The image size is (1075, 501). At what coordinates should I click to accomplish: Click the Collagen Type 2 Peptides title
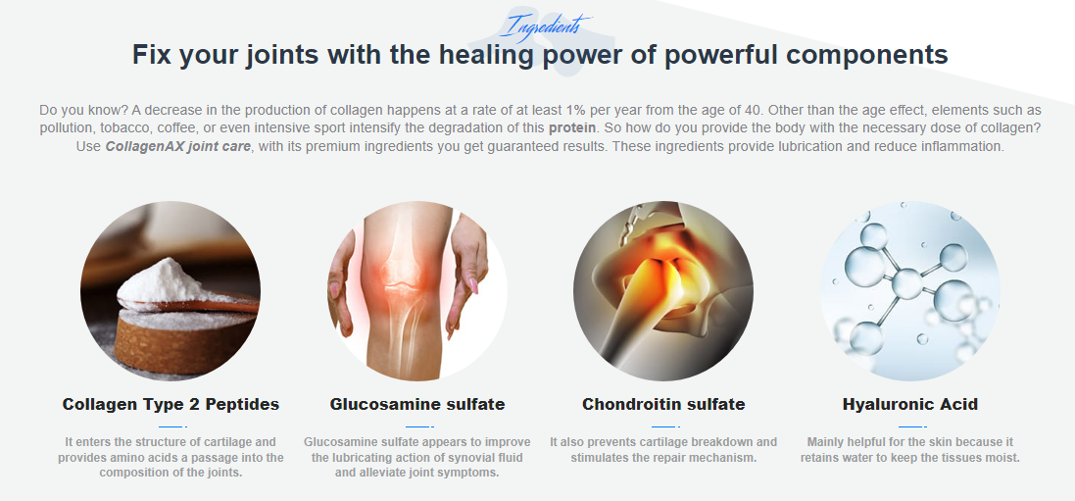pyautogui.click(x=171, y=404)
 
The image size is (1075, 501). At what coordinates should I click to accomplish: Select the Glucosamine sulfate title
pyautogui.click(x=417, y=404)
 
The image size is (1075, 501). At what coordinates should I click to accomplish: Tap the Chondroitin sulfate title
pyautogui.click(x=663, y=404)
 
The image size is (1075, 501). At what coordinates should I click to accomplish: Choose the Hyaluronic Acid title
pyautogui.click(x=910, y=404)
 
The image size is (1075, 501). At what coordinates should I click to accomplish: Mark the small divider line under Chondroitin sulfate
pyautogui.click(x=664, y=426)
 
